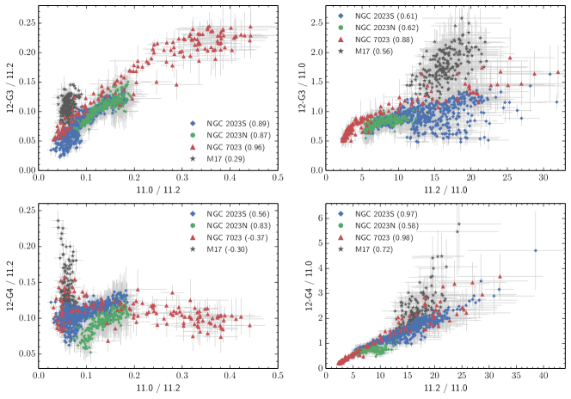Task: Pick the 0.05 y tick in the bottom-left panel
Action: point(26,353)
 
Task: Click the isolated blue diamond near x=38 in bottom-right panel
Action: point(535,250)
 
